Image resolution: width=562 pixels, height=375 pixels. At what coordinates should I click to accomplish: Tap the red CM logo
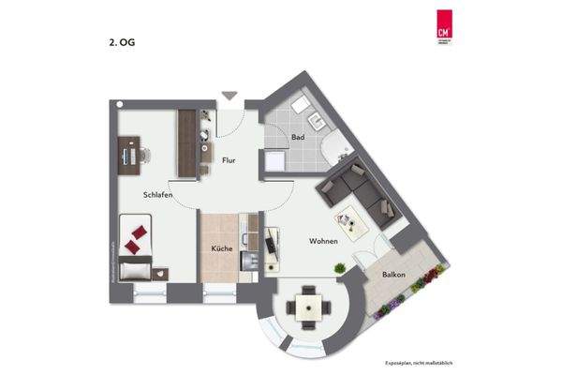click(x=443, y=27)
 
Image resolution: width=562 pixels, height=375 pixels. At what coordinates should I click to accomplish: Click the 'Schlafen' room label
click(x=157, y=195)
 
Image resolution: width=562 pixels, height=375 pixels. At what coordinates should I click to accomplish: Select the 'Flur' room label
click(x=228, y=160)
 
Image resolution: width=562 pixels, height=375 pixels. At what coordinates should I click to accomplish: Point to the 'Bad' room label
click(x=298, y=138)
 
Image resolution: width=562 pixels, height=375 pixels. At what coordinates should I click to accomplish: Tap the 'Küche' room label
click(x=221, y=249)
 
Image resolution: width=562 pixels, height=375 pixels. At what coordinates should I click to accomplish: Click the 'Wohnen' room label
click(x=323, y=241)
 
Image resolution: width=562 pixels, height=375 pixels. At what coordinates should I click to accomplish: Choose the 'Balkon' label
click(x=393, y=275)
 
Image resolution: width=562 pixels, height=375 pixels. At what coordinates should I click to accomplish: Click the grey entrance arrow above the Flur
click(x=229, y=96)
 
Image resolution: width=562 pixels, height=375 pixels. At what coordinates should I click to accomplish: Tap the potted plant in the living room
click(x=341, y=267)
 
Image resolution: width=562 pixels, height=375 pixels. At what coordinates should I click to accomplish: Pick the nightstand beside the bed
click(x=160, y=272)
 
